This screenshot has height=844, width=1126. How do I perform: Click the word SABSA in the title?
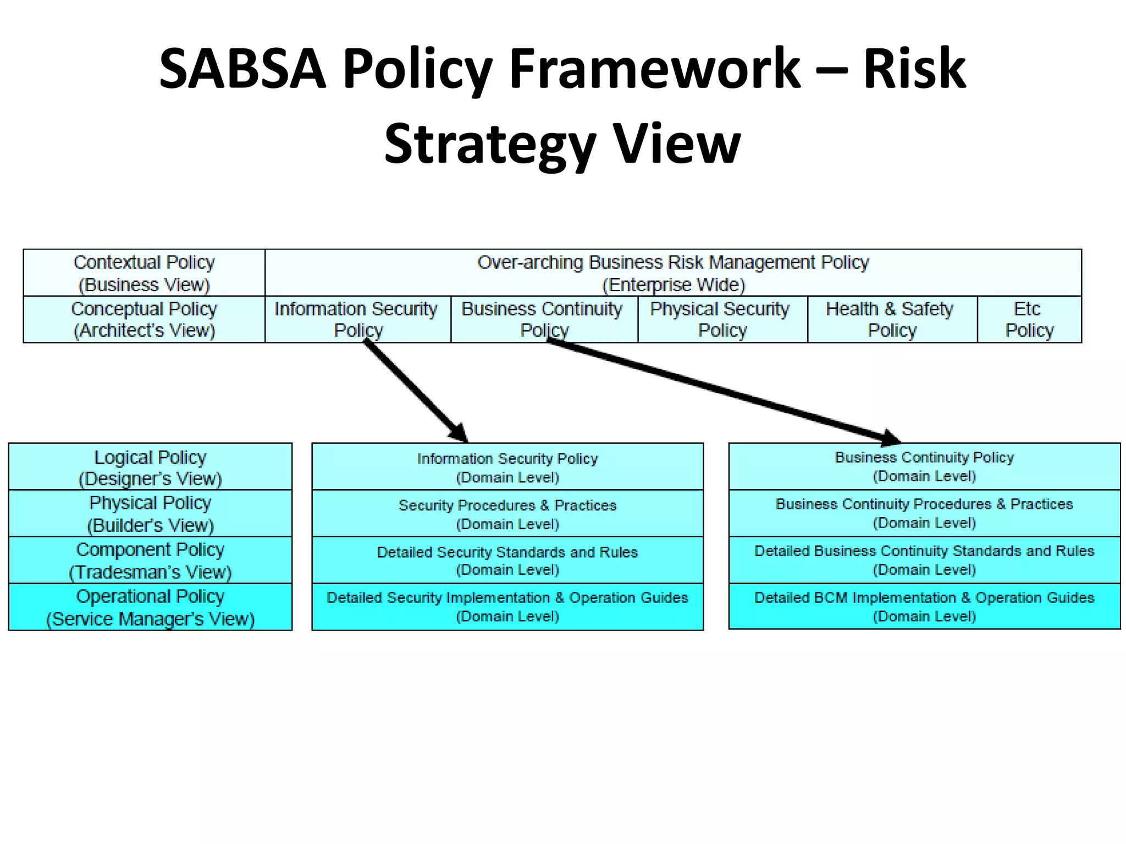[242, 69]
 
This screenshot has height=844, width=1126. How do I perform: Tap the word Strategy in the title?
[490, 144]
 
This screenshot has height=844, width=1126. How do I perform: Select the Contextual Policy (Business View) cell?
[144, 273]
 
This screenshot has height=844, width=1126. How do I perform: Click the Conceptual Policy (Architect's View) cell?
[144, 319]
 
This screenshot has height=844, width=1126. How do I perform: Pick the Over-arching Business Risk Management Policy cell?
[673, 273]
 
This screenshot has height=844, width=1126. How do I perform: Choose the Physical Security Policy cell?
[722, 319]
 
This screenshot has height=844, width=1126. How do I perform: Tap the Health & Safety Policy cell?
[892, 319]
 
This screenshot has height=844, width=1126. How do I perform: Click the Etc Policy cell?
[1029, 319]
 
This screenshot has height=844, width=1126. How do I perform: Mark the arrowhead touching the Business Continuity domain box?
[889, 438]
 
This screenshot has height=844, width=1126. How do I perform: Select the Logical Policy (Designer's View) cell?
[150, 467]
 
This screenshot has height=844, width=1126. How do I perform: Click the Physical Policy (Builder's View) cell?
[150, 513]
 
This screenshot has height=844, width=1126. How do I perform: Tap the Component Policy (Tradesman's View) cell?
[150, 560]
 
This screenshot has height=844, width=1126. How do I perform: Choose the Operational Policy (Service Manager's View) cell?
[150, 607]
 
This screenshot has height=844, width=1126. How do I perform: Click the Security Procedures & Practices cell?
[507, 513]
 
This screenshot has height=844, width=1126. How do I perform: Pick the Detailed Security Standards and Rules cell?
[507, 560]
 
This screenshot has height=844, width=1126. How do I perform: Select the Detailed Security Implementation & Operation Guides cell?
[507, 607]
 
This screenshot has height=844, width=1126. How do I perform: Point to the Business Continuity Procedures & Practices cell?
[924, 513]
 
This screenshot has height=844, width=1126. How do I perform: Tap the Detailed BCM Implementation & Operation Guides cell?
[924, 606]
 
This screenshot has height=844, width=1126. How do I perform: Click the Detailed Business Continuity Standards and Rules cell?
[924, 559]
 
